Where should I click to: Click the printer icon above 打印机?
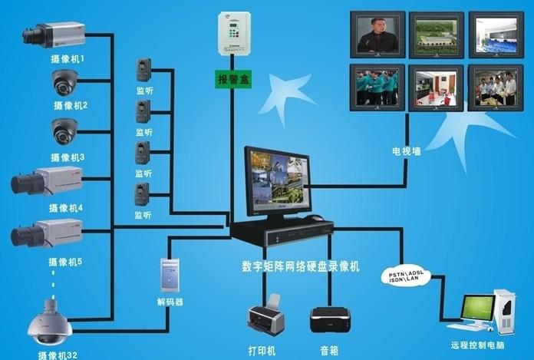pyautogui.click(x=266, y=318)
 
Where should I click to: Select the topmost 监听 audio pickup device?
pyautogui.click(x=143, y=70)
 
